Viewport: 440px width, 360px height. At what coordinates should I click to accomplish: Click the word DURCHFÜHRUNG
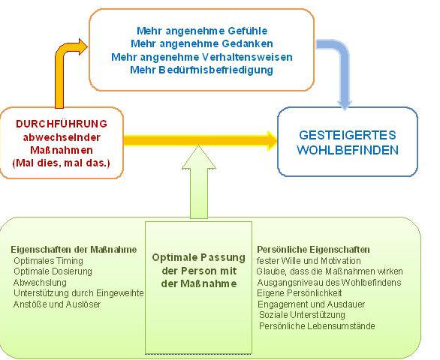(x=62, y=124)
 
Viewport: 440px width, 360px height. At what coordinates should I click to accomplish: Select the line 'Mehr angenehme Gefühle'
(x=202, y=31)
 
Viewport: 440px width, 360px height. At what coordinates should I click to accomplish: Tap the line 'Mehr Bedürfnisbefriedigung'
(x=201, y=70)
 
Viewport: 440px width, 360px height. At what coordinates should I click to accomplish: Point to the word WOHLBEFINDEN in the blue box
(x=348, y=150)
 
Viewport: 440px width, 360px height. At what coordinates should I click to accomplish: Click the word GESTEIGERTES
(x=348, y=135)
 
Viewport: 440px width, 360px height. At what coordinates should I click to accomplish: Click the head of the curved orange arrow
(x=83, y=46)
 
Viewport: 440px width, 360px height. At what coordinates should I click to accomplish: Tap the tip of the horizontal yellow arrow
(x=277, y=141)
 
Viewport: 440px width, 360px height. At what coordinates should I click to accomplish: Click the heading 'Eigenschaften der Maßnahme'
(x=74, y=250)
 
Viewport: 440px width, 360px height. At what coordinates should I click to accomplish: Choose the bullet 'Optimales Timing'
(x=48, y=261)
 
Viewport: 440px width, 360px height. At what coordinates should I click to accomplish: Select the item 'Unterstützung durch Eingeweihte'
(x=79, y=293)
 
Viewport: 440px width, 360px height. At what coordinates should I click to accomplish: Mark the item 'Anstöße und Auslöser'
(x=57, y=304)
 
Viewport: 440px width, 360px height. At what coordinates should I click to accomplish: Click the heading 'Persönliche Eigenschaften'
(x=313, y=250)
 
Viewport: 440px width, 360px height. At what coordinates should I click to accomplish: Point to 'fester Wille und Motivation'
(x=309, y=261)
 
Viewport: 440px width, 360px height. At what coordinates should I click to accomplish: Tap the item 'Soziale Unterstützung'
(x=302, y=315)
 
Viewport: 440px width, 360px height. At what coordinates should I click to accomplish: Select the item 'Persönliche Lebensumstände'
(x=317, y=326)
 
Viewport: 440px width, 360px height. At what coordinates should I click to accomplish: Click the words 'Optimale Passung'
(x=199, y=257)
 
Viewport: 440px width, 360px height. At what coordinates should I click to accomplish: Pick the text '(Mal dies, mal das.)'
(x=62, y=163)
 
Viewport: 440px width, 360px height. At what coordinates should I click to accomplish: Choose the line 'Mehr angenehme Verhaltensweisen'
(x=202, y=57)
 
